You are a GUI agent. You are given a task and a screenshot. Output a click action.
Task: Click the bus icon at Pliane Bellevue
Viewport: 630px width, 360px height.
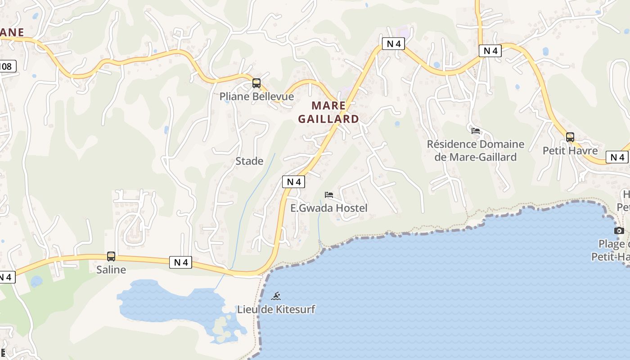click(x=256, y=83)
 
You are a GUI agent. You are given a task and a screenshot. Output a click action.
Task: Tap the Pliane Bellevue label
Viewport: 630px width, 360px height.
click(x=256, y=96)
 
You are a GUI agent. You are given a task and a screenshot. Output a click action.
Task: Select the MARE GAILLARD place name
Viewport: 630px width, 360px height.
click(x=328, y=112)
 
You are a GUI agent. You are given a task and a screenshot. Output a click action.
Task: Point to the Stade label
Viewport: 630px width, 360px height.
click(x=249, y=161)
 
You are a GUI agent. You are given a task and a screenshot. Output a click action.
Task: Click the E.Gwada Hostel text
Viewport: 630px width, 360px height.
click(x=329, y=208)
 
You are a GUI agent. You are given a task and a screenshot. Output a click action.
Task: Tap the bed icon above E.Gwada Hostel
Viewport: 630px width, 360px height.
click(x=329, y=195)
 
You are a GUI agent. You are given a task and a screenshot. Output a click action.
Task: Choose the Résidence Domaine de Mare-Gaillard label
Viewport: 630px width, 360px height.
click(x=476, y=150)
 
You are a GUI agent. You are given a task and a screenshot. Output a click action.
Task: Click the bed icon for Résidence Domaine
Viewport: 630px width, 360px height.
click(x=476, y=131)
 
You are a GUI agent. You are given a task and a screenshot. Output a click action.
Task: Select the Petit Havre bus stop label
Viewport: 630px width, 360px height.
click(x=570, y=150)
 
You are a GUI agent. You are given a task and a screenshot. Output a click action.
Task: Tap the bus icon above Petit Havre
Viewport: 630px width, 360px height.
click(x=570, y=137)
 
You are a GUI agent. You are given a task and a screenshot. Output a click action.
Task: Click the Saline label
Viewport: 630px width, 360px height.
click(x=111, y=270)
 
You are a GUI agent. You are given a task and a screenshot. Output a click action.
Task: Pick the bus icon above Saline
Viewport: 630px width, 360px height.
click(x=111, y=256)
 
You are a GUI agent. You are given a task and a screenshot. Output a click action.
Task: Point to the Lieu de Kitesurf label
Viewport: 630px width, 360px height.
click(x=276, y=309)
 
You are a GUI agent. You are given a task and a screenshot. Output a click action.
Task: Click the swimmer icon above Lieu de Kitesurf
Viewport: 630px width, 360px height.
click(x=276, y=296)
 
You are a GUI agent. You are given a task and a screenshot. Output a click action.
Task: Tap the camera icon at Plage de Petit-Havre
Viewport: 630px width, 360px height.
click(x=619, y=231)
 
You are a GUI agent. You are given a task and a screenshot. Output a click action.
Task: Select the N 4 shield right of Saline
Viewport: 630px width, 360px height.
click(x=181, y=262)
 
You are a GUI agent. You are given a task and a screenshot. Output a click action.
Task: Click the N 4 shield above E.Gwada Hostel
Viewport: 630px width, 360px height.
click(x=293, y=182)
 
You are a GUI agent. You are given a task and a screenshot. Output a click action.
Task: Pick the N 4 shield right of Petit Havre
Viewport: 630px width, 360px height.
click(x=617, y=157)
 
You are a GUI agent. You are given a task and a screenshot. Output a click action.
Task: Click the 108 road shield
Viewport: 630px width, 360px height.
click(x=6, y=67)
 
